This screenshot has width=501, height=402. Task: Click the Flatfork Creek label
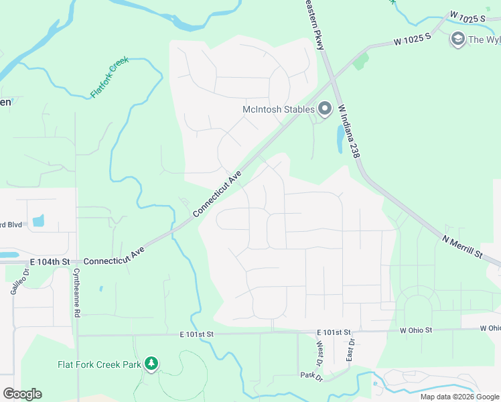109,78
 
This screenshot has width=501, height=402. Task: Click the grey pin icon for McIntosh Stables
325,108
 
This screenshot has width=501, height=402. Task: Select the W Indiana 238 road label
350,131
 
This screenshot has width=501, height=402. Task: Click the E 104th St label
50,261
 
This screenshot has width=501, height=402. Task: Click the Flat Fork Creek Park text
99,364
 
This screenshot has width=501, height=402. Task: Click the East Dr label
350,349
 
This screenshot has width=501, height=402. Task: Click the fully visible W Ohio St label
416,330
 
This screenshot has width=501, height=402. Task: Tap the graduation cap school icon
458,38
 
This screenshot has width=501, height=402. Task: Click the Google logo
22,394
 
